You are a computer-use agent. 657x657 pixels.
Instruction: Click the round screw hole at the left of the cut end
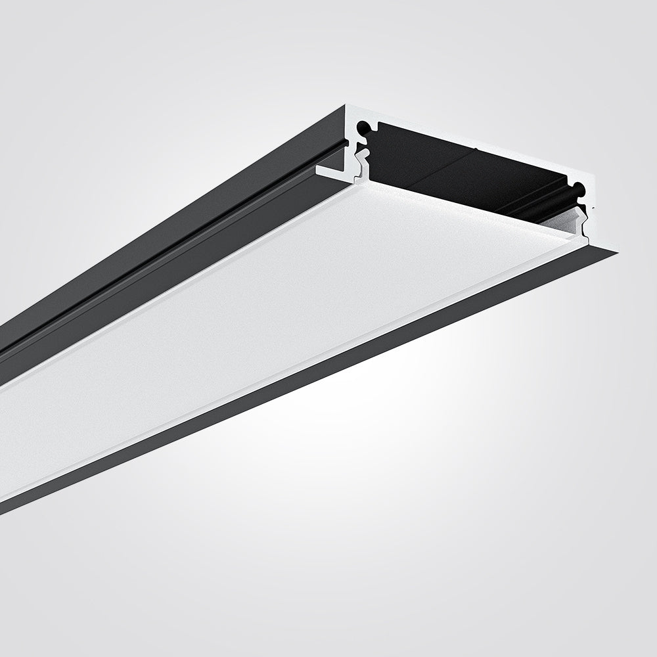pos(363,125)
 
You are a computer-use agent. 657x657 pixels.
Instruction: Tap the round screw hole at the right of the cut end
pos(579,191)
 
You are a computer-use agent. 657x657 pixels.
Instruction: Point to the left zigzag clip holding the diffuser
pos(360,161)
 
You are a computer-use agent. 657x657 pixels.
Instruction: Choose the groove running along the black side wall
pos(164,243)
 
